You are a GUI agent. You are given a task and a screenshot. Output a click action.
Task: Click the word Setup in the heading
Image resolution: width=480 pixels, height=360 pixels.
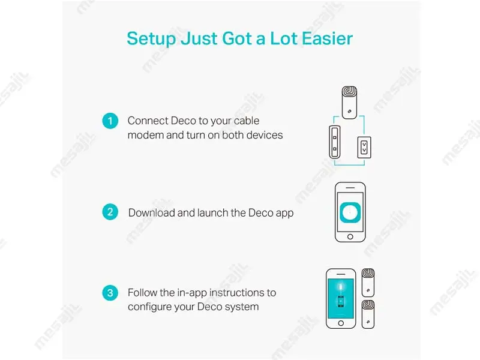pos(151,39)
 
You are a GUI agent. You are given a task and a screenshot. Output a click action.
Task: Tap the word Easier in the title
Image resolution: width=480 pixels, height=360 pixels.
pos(327,38)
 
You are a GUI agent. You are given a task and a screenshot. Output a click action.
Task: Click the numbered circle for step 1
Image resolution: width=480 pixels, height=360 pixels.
pos(110,121)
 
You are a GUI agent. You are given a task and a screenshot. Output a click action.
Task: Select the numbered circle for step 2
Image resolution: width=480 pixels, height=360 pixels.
pos(110,212)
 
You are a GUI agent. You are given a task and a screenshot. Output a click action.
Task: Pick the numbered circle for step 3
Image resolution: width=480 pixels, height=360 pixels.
pos(110,293)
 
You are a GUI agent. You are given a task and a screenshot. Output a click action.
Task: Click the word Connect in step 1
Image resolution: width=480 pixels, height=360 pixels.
pos(148,121)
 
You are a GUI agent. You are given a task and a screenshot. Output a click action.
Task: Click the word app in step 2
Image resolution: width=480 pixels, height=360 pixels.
pos(284,214)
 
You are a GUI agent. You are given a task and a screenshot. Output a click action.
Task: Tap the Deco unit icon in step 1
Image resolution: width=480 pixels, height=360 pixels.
pos(349,103)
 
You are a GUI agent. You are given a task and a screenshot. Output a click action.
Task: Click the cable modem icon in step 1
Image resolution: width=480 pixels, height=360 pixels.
pos(335,142)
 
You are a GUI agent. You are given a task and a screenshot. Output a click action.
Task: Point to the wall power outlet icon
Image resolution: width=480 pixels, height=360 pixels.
pos(364,147)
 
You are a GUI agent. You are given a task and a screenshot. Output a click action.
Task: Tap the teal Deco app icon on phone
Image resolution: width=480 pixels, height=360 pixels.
pos(350,212)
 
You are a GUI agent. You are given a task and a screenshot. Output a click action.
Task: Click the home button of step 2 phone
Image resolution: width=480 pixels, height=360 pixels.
pos(350,236)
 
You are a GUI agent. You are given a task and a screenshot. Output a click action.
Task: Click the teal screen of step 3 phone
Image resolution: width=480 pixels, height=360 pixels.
pos(341,298)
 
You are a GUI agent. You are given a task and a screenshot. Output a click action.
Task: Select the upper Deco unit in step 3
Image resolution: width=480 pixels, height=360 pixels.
pos(368,283)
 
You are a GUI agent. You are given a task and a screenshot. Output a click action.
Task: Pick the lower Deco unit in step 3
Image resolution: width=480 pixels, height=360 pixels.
pos(368,314)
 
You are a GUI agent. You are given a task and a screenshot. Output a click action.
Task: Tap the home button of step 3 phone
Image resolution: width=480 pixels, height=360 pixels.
pos(341,323)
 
